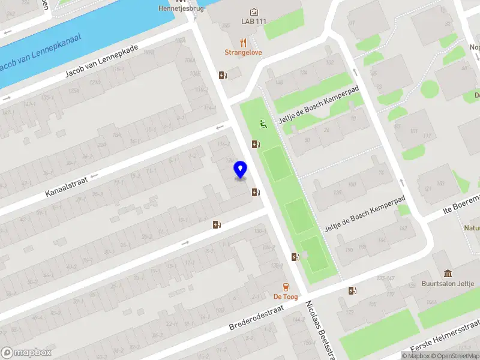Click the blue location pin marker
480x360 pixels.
tap(241, 170)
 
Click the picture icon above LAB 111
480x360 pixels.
tap(254, 11)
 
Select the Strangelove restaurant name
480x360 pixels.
tap(243, 52)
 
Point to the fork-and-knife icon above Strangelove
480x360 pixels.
tap(243, 42)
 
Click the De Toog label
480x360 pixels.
tap(286, 296)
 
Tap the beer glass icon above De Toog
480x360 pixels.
tap(286, 286)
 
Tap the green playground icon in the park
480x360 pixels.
tap(262, 124)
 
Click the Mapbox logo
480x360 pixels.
tap(26, 353)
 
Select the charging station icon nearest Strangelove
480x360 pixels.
tap(223, 75)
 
